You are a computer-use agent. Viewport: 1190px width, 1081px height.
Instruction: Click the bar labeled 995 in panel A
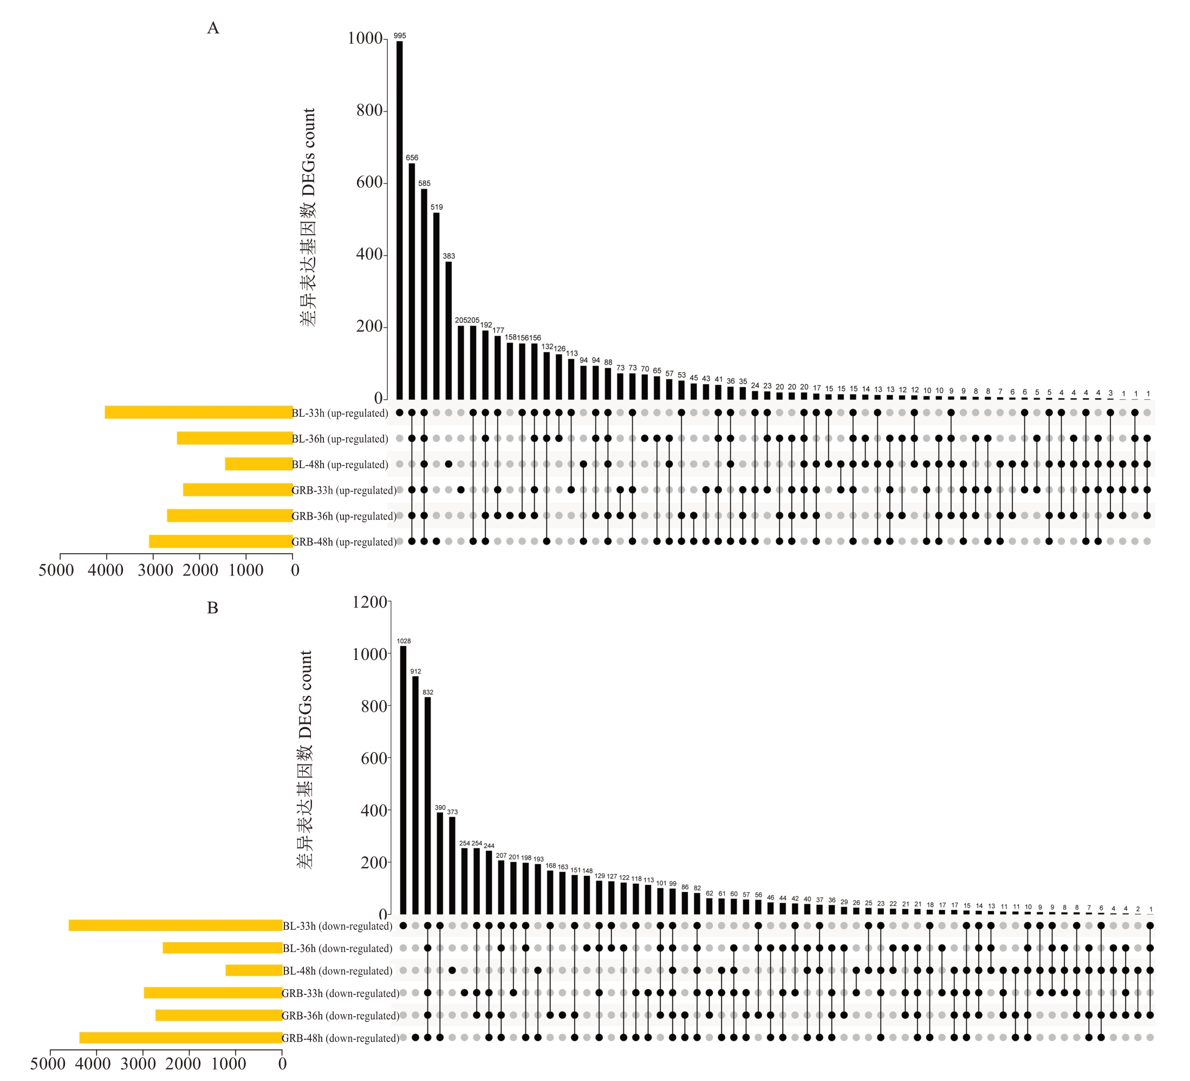click(x=400, y=219)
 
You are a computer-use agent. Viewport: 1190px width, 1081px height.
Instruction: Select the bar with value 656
click(x=412, y=281)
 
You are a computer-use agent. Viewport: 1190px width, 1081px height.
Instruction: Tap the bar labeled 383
click(x=448, y=330)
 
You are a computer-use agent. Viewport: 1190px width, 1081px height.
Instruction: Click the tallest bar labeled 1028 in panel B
click(x=403, y=780)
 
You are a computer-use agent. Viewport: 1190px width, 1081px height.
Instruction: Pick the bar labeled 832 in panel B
click(x=428, y=806)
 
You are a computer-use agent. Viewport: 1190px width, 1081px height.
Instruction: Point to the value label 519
click(x=436, y=207)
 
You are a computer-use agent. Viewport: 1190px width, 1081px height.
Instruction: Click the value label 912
click(x=415, y=671)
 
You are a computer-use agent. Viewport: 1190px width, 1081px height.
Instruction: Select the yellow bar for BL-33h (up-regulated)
click(x=199, y=412)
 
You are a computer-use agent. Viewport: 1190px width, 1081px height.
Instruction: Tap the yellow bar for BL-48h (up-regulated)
click(x=258, y=464)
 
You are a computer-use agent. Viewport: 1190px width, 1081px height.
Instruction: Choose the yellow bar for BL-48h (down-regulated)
click(x=254, y=970)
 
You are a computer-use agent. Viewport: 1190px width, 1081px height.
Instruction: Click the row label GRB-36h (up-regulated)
click(x=344, y=516)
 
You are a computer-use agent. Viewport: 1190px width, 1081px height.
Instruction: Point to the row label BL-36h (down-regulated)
click(x=337, y=948)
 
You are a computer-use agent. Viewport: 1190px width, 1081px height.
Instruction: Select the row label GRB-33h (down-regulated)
click(x=341, y=994)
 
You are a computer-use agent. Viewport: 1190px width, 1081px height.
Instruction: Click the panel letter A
click(x=213, y=28)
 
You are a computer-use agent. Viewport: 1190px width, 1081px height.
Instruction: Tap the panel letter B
click(x=212, y=608)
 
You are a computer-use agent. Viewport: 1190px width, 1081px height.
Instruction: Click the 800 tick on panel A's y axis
click(x=369, y=111)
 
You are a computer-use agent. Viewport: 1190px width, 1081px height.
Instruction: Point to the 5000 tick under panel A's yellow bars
click(x=57, y=571)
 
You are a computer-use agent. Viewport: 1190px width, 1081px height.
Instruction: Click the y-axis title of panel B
click(x=304, y=760)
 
